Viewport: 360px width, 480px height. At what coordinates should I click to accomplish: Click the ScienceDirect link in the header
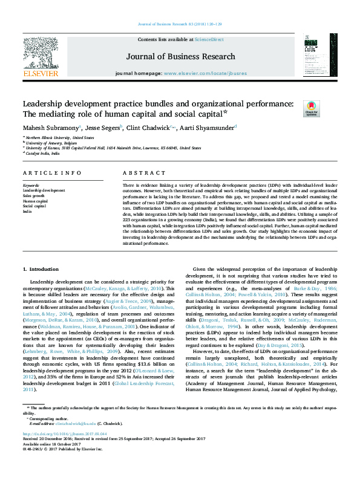(209, 39)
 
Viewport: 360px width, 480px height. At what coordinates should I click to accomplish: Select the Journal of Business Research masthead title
(180, 57)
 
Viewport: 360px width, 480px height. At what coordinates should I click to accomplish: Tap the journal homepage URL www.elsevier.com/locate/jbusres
(206, 73)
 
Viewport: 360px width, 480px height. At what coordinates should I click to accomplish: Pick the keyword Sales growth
(33, 196)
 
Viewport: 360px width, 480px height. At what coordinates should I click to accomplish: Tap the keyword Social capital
(34, 206)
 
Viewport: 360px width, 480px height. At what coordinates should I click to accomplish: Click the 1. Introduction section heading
(41, 268)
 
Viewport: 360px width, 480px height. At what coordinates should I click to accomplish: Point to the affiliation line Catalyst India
(43, 153)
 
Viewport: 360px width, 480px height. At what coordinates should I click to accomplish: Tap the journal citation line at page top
(180, 24)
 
